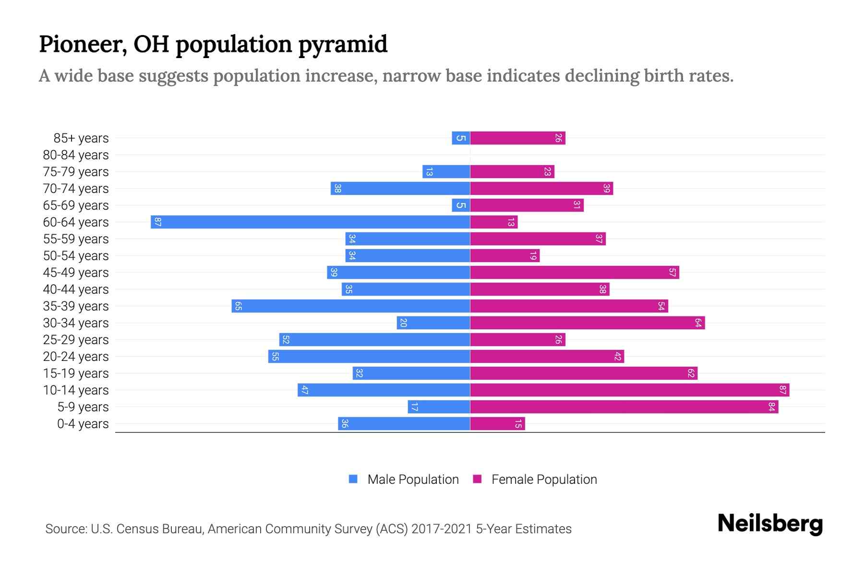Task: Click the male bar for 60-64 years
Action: [x=310, y=222]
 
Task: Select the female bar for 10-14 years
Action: [x=629, y=390]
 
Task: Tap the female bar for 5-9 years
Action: [x=624, y=407]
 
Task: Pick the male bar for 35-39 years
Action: [x=350, y=306]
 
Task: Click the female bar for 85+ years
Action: [x=517, y=138]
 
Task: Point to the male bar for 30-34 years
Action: [x=433, y=323]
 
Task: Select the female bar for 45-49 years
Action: [x=574, y=272]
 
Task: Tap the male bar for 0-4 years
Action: [x=404, y=423]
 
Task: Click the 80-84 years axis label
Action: [x=75, y=155]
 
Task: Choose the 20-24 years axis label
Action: [x=75, y=357]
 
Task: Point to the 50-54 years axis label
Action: [x=75, y=256]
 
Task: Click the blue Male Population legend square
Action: [x=353, y=479]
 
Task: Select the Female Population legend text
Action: [x=544, y=479]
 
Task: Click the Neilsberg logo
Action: [x=770, y=524]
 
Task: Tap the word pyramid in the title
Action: [x=343, y=44]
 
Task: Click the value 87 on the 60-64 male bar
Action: [x=157, y=222]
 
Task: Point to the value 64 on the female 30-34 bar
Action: [x=698, y=323]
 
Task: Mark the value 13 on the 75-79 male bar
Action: [x=429, y=171]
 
